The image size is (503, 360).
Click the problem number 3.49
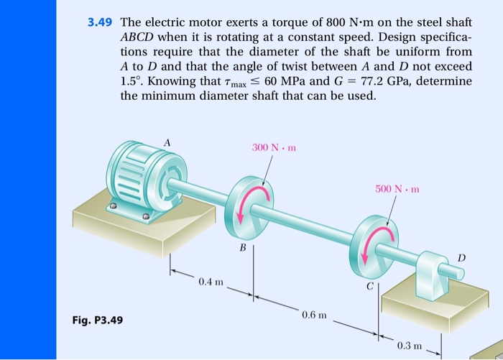pyautogui.click(x=100, y=22)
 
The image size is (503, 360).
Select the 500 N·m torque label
pyautogui.click(x=398, y=190)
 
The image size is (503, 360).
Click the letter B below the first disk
pyautogui.click(x=244, y=246)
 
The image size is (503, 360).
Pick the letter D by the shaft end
pyautogui.click(x=461, y=257)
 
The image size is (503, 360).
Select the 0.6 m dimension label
pyautogui.click(x=314, y=315)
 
